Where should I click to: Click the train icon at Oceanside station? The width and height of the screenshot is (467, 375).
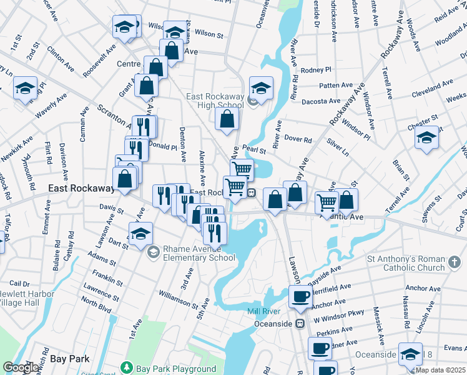(300, 324)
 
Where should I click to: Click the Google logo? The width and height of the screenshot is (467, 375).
(21, 367)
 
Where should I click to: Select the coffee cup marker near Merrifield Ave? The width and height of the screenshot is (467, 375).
(300, 296)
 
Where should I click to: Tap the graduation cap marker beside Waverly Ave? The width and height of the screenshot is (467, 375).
(26, 89)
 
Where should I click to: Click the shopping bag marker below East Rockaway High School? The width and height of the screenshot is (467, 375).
(227, 119)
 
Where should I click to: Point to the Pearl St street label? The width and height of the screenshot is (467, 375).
(255, 150)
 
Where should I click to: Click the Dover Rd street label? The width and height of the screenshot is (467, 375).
(298, 139)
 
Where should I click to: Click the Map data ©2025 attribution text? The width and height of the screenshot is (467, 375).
(440, 370)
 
